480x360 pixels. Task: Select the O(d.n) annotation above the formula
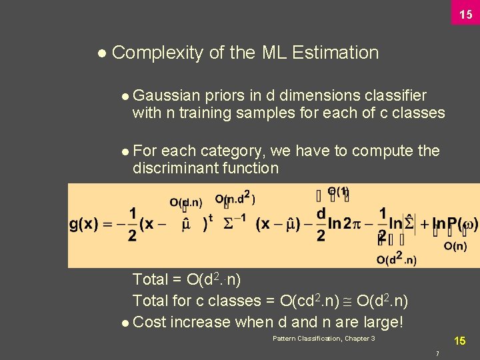pyautogui.click(x=185, y=202)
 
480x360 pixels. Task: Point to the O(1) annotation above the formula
pyautogui.click(x=338, y=192)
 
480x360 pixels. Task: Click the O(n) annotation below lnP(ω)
pyautogui.click(x=455, y=247)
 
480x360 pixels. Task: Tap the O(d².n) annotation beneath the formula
pyautogui.click(x=396, y=260)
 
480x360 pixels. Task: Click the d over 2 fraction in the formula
pyautogui.click(x=321, y=224)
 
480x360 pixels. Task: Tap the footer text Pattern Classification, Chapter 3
pyautogui.click(x=324, y=339)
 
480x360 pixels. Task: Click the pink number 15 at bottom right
pyautogui.click(x=460, y=341)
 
